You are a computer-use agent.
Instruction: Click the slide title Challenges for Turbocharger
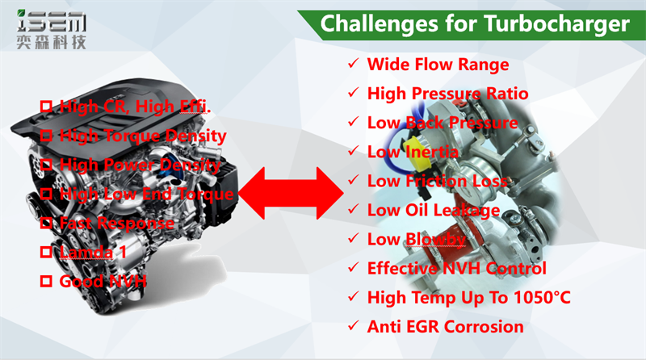[x=475, y=24]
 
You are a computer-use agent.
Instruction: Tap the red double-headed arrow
[x=291, y=193]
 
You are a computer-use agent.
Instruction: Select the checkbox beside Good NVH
[x=46, y=282]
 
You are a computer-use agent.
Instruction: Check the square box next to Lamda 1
[x=46, y=252]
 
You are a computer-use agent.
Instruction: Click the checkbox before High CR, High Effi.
[x=46, y=107]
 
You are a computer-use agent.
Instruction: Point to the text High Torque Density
[x=143, y=136]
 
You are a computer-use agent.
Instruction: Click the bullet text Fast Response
[x=117, y=224]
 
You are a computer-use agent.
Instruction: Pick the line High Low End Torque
[x=147, y=194]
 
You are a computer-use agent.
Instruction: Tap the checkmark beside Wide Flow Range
[x=354, y=64]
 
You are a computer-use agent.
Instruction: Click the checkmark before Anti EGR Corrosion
[x=354, y=326]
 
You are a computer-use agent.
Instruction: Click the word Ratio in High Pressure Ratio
[x=507, y=94]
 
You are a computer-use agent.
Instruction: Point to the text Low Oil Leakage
[x=434, y=211]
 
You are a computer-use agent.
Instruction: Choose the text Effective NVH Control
[x=457, y=269]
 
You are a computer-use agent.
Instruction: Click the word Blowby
[x=435, y=240]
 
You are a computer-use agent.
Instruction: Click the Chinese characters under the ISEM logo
[x=52, y=42]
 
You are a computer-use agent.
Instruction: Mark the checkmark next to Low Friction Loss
[x=354, y=180]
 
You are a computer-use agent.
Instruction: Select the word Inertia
[x=432, y=152]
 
